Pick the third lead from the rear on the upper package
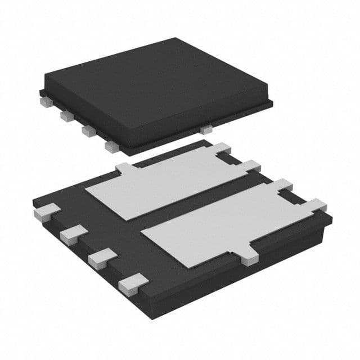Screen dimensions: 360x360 (88, 130)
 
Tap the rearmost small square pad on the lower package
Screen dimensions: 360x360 (46, 212)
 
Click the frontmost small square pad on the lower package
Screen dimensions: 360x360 (134, 283)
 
